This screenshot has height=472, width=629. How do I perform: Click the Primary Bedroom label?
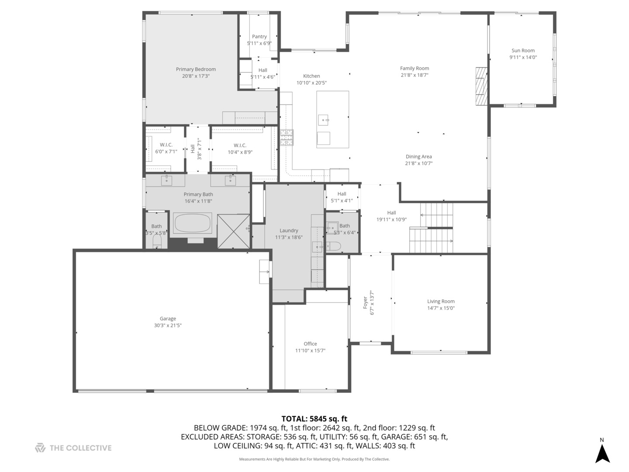(x=196, y=69)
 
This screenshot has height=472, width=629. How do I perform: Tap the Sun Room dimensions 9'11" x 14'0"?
(x=523, y=57)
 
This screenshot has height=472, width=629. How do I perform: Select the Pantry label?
(x=259, y=37)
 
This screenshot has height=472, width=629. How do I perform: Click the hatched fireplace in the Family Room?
(x=481, y=86)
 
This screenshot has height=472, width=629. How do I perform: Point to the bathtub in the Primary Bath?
(x=193, y=223)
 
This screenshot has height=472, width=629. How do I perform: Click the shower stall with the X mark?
(x=233, y=231)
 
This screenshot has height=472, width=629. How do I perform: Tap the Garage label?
(x=168, y=319)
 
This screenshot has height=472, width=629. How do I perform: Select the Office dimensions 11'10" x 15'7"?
(x=310, y=351)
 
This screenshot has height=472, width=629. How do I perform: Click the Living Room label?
(x=441, y=301)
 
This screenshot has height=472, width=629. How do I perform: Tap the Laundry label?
(x=289, y=230)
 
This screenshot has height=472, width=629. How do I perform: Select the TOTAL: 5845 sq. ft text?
(x=314, y=419)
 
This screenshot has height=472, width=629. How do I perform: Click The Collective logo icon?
(x=40, y=448)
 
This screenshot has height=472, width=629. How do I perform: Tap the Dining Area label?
(x=418, y=156)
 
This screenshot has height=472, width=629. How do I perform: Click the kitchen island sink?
(x=324, y=118)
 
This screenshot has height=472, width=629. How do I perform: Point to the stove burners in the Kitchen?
(x=287, y=137)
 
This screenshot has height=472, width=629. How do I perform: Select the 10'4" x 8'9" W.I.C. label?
(x=240, y=145)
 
